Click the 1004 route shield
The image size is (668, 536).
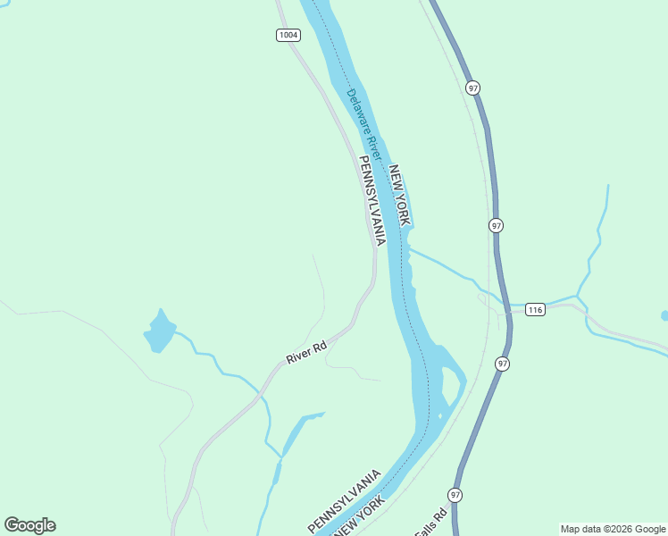tap(288, 35)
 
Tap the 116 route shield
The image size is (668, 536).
tap(535, 310)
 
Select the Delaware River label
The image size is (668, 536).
tap(364, 124)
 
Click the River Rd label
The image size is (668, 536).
tap(306, 350)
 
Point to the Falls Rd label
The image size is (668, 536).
tap(431, 523)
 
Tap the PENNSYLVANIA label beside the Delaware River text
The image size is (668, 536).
tap(372, 201)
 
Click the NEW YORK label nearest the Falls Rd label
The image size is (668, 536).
tap(359, 515)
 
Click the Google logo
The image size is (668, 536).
tap(29, 525)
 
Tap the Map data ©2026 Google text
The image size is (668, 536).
tap(613, 529)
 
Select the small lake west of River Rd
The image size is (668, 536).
tap(160, 331)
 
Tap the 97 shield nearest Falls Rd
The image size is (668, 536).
tap(456, 495)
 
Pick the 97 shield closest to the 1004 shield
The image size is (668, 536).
tap(472, 88)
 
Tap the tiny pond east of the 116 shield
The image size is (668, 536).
tap(664, 315)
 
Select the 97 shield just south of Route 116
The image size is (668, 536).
tap(503, 364)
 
